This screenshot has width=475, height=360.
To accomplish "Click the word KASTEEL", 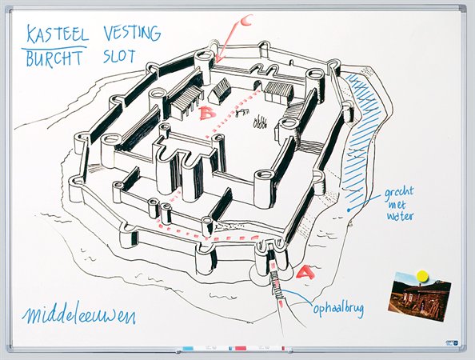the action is [58, 34].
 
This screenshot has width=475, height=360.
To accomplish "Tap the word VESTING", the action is [132, 33].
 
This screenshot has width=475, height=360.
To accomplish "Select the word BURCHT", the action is [54, 58].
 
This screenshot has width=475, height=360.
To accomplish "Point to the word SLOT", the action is [118, 56].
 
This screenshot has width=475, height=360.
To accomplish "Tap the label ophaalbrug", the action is [338, 309].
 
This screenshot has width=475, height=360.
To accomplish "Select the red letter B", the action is [208, 113].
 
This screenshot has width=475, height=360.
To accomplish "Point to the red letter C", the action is [247, 20].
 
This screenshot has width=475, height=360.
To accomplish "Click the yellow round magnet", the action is [423, 276].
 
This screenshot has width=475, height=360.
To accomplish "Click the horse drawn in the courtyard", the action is [242, 113].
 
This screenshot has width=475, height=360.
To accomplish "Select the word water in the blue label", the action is [400, 216].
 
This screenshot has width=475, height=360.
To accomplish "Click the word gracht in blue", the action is [399, 194].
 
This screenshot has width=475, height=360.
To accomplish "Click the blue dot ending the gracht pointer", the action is [349, 210].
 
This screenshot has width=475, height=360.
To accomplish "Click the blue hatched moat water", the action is [361, 136].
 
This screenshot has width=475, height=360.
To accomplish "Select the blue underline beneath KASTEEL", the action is [54, 48].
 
